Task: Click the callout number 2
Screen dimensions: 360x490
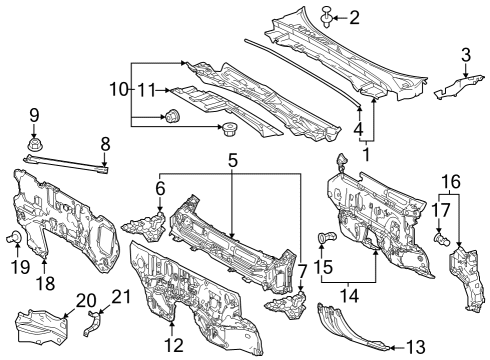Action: (353, 17)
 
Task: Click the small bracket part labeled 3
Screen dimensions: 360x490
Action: (454, 87)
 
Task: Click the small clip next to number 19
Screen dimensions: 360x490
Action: (16, 237)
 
